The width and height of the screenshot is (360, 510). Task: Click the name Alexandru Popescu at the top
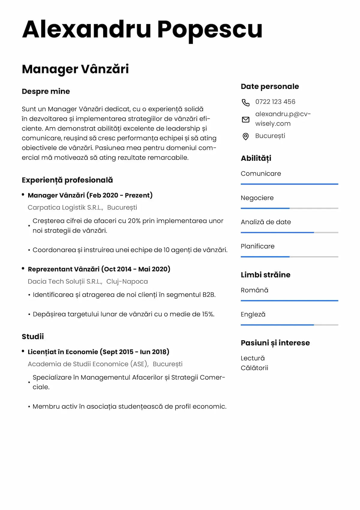coord(142,29)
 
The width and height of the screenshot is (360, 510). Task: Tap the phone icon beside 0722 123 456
coord(245,102)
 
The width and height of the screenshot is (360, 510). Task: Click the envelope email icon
coord(245,120)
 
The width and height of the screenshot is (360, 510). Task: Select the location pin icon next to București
coord(245,136)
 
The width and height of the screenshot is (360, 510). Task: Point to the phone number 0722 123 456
coord(275,102)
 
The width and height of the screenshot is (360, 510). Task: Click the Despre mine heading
coord(46,91)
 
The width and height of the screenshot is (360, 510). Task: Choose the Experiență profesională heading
coord(67,180)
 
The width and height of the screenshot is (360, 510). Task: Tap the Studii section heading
coord(33,337)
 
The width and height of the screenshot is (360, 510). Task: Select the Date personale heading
coord(270,87)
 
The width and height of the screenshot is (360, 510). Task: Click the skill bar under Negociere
coord(289,208)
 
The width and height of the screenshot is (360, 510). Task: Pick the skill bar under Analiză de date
coord(289,232)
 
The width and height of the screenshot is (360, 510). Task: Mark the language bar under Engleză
coord(289,325)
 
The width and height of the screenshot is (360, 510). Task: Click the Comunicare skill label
coord(261,174)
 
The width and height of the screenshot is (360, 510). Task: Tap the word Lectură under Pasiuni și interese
coord(253,358)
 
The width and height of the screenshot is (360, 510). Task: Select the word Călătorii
coord(254,368)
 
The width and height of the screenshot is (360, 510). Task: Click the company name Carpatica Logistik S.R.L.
coord(65,208)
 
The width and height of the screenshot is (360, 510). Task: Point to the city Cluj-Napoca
coord(127,282)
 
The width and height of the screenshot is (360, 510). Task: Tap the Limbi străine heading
coord(265,275)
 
